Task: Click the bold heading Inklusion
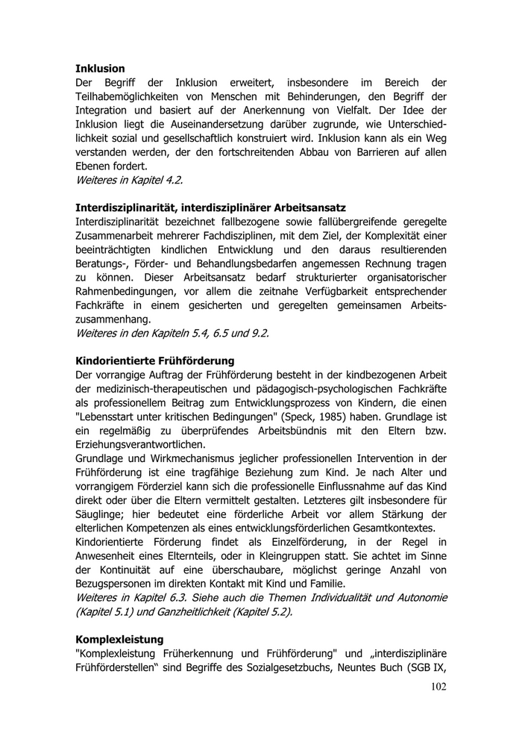[x=100, y=68]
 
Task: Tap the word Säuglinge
[x=103, y=516]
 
